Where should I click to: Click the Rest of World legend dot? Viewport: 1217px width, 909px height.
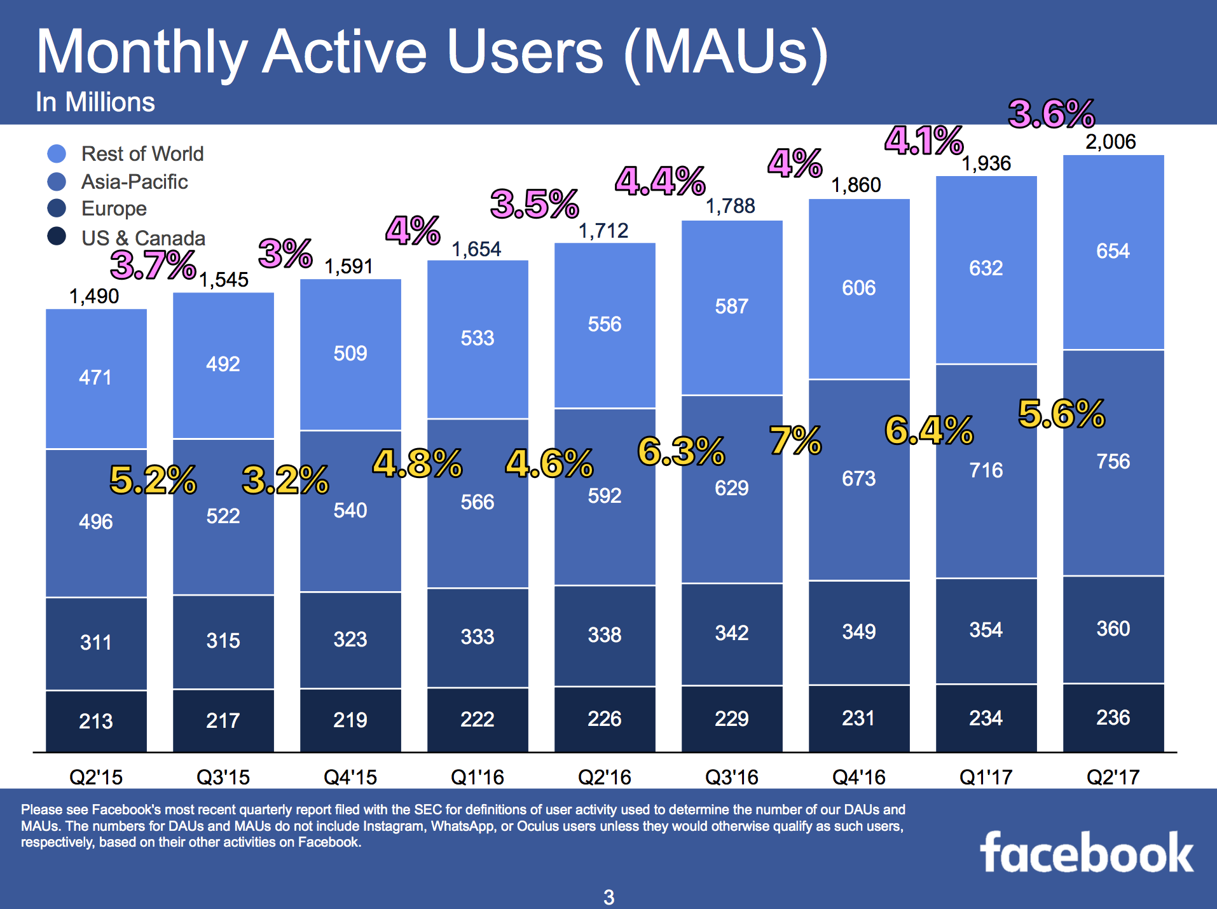click(57, 153)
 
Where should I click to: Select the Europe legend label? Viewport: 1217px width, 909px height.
click(114, 208)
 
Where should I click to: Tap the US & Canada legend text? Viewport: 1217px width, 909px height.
click(143, 238)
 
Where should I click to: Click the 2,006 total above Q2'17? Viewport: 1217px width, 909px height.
click(1110, 141)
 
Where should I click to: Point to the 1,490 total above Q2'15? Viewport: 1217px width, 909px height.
click(93, 296)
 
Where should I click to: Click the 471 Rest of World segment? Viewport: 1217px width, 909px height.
click(95, 378)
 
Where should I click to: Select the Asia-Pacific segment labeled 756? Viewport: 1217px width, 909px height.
click(1113, 461)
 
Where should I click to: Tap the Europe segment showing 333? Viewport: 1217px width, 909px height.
click(477, 636)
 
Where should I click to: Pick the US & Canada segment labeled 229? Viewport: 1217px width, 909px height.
click(731, 718)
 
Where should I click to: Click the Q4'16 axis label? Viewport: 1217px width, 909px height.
click(858, 776)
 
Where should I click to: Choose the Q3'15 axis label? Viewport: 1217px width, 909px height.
click(223, 776)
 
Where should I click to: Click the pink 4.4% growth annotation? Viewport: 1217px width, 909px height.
click(660, 181)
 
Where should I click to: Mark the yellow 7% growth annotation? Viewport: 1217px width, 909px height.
click(795, 441)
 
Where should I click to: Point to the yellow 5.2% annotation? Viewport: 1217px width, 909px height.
click(153, 480)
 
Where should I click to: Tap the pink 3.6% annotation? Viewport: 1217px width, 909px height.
click(1052, 114)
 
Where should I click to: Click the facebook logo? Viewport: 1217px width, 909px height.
click(1086, 853)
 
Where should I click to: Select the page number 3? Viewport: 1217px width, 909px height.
click(608, 897)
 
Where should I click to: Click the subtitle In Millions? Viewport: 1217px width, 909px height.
click(95, 102)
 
